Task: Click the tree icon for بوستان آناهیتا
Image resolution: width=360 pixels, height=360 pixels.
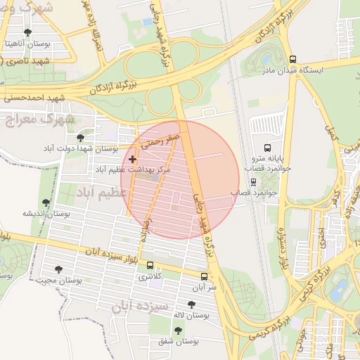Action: (x=27, y=32)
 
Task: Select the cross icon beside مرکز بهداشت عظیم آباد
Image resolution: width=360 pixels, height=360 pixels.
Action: (x=132, y=160)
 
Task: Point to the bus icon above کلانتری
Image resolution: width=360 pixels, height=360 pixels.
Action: (x=150, y=265)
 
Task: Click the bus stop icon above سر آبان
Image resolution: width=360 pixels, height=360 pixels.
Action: (x=205, y=276)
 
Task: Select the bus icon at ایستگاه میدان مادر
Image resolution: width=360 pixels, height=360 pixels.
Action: (x=292, y=60)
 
